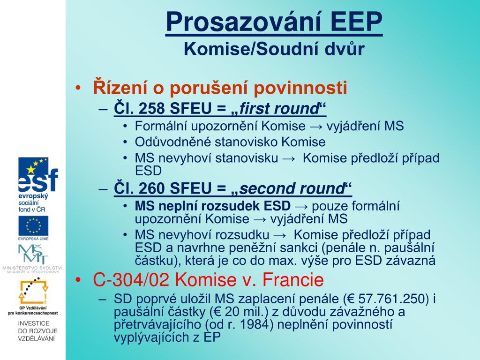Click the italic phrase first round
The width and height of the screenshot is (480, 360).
[279, 108]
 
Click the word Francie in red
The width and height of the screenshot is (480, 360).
[293, 279]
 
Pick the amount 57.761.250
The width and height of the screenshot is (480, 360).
[393, 299]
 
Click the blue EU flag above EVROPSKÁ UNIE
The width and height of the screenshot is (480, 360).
[33, 225]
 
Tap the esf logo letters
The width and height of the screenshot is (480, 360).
[38, 180]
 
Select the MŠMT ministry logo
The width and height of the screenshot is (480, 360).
[33, 255]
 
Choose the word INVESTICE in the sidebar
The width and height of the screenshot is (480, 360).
[34, 323]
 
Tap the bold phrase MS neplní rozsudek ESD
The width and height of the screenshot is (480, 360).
[213, 206]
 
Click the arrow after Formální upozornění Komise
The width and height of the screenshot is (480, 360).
[316, 127]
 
